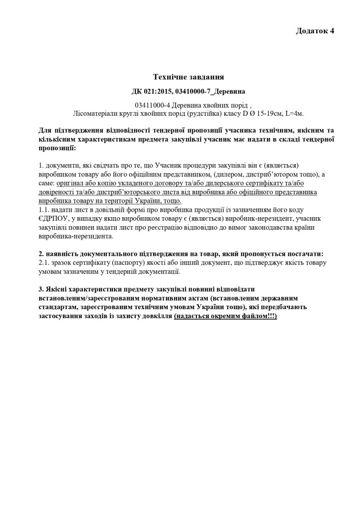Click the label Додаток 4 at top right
[x=315, y=31]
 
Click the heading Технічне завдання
[x=188, y=77]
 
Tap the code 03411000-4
[x=152, y=105]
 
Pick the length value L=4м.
[x=294, y=113]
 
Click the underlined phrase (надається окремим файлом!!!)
[x=225, y=316]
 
